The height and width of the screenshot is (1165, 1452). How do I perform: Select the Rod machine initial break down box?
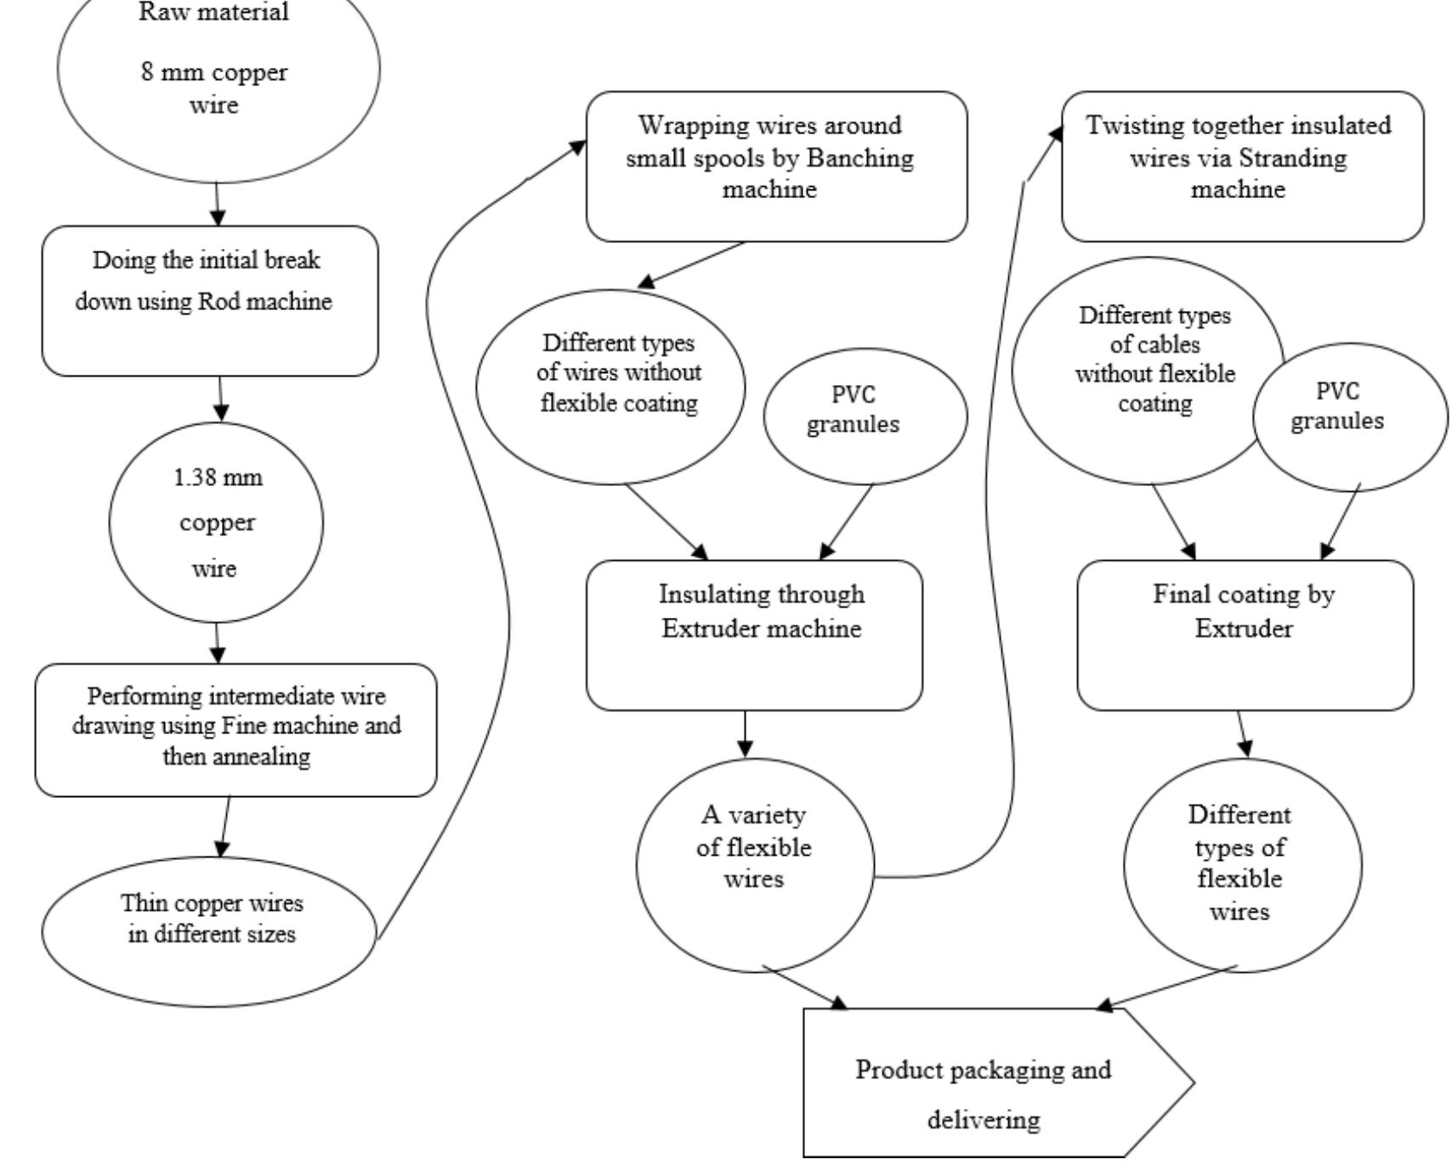click(210, 300)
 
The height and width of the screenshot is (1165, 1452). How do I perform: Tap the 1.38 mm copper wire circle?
click(216, 522)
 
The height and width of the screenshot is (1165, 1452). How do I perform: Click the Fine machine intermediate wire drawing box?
click(235, 729)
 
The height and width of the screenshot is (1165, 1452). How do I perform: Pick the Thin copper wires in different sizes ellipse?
click(209, 930)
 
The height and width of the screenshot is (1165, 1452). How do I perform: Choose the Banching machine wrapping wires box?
click(775, 166)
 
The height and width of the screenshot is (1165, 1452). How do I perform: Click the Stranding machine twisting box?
click(1241, 166)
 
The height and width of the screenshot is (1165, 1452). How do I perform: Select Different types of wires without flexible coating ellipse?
click(610, 387)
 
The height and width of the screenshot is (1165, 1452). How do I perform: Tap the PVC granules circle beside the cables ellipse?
click(1350, 416)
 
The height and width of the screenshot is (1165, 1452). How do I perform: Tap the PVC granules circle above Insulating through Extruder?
click(865, 415)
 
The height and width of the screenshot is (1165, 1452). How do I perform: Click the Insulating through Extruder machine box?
click(753, 634)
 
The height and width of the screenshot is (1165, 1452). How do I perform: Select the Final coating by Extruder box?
click(1245, 634)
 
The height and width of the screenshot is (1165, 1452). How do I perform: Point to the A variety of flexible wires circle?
click(754, 864)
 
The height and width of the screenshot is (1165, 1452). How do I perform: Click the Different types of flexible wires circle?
click(1241, 864)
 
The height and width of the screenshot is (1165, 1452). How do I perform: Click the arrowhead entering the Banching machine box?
click(578, 147)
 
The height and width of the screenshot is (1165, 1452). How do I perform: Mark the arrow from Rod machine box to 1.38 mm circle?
click(220, 399)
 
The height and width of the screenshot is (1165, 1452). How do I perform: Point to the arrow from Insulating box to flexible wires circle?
click(745, 734)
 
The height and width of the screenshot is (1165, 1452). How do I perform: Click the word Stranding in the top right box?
click(1306, 158)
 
